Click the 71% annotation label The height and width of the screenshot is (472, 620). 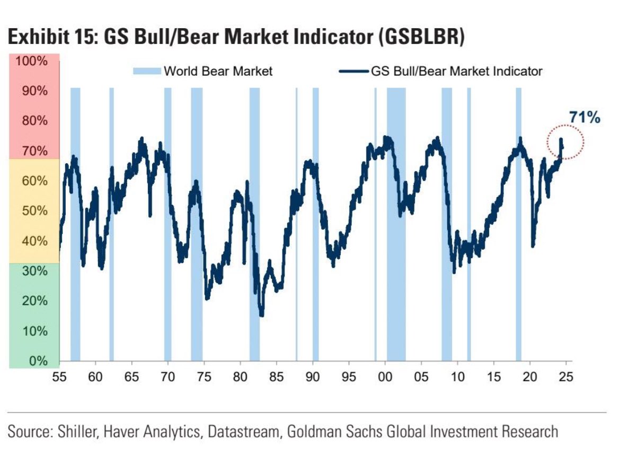tap(584, 118)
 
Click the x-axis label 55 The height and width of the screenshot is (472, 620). tap(59, 378)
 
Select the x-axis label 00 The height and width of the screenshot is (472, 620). tap(385, 378)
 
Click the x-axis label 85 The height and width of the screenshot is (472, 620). tap(277, 378)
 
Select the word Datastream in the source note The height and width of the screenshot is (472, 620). tap(242, 431)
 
